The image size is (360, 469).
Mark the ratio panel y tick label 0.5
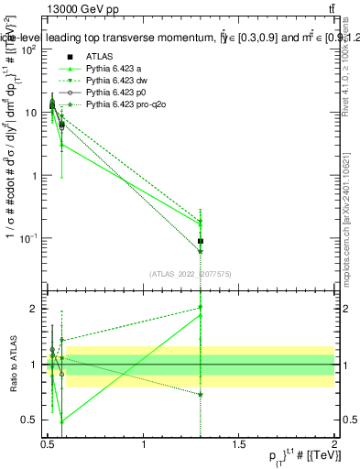29,420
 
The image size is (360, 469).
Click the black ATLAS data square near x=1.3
201,241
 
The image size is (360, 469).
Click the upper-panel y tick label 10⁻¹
27,238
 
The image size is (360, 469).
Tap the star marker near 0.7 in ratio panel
201,395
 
